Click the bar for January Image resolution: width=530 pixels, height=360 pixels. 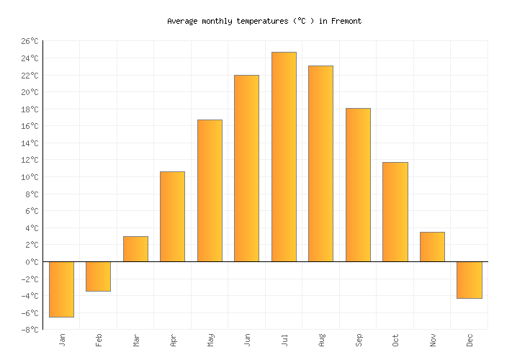click(x=61, y=289)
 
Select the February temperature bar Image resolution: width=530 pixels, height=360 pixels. click(x=98, y=276)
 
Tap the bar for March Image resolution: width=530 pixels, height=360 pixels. click(x=135, y=249)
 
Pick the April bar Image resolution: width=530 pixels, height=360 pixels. click(x=172, y=217)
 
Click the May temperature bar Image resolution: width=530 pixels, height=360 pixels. click(x=210, y=191)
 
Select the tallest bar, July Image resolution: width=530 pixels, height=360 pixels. click(x=284, y=157)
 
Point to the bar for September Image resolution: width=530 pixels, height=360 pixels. click(x=358, y=185)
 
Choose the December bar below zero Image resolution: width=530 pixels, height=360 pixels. click(x=469, y=279)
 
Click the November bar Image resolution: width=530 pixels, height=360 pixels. click(x=432, y=247)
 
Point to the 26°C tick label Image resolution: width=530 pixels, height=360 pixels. click(x=29, y=42)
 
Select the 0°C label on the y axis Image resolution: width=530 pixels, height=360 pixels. click(x=31, y=262)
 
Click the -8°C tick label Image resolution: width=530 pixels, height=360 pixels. click(x=29, y=330)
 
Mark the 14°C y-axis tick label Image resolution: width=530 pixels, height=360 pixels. click(x=29, y=143)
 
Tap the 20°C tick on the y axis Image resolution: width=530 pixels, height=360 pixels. click(x=29, y=92)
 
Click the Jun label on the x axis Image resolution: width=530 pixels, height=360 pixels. click(x=247, y=340)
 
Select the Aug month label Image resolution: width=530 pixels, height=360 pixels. click(x=321, y=340)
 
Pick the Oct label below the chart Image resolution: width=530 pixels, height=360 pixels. click(x=395, y=340)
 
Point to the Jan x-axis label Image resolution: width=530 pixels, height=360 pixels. click(x=62, y=340)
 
